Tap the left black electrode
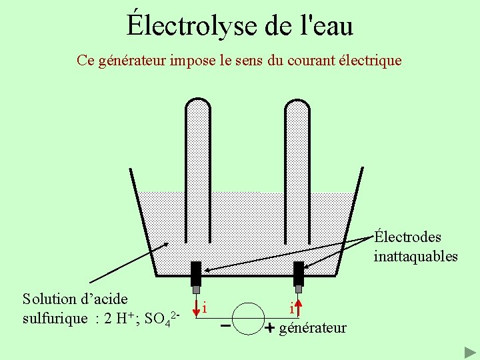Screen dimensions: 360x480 tap(196, 273)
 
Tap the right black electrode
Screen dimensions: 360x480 tap(299, 273)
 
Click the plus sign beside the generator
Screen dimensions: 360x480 tap(270, 329)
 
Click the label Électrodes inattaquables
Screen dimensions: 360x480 tap(415, 247)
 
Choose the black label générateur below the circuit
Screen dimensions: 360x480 tap(313, 328)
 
